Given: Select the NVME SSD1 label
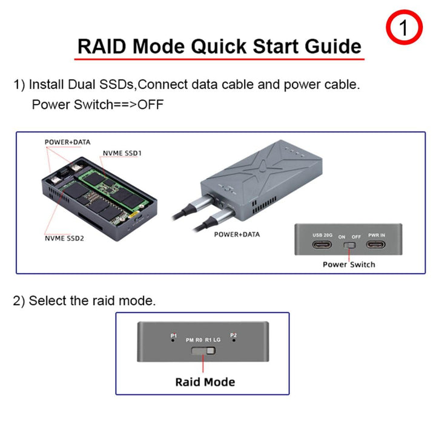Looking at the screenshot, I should point(122,153).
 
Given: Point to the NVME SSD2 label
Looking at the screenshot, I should point(64,238).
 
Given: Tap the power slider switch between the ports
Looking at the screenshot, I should point(349,247).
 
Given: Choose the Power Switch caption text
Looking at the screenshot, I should point(349,264).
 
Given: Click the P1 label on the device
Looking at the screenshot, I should point(173,335).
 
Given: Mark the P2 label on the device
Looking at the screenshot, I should point(234,335).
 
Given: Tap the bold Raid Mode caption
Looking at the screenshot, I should point(205,381).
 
